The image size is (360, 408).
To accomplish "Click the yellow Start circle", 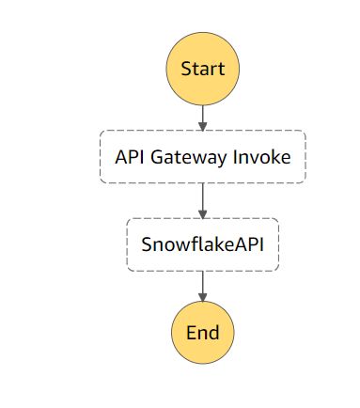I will coord(202,69).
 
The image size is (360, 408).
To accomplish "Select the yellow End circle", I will coord(202,333).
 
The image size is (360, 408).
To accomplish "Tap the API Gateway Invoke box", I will coord(202,156).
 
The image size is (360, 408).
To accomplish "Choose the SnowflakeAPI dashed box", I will coord(202,244).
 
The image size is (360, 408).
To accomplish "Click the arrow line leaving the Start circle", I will coord(202,113).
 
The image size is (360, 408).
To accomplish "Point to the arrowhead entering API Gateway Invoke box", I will coord(202,125).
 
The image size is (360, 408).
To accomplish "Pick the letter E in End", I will coord(190,333).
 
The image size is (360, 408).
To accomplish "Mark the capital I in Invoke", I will coord(241,157).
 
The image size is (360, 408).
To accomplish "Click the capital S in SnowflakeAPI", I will coord(146,245).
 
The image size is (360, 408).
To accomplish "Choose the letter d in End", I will coord(214,333).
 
